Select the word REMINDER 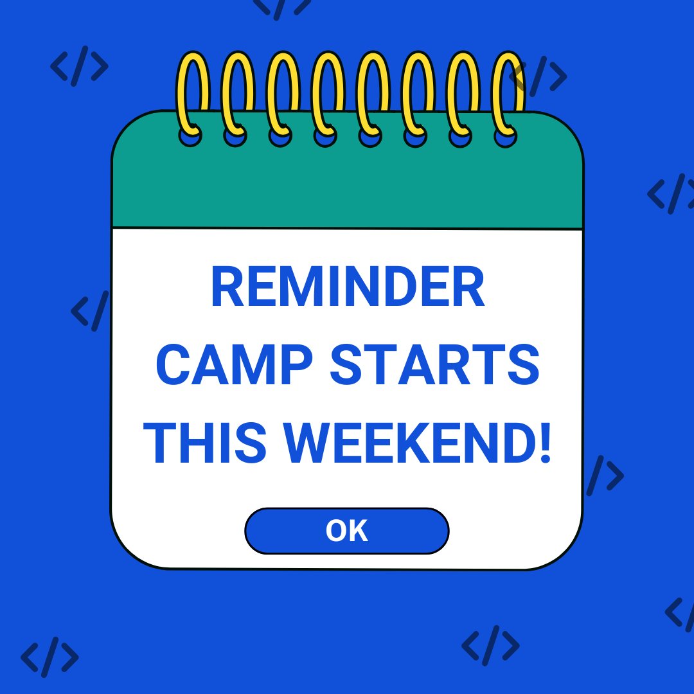pyautogui.click(x=347, y=289)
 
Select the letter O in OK pyautogui.click(x=337, y=531)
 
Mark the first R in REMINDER pyautogui.click(x=226, y=289)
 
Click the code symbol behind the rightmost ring pyautogui.click(x=543, y=76)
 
